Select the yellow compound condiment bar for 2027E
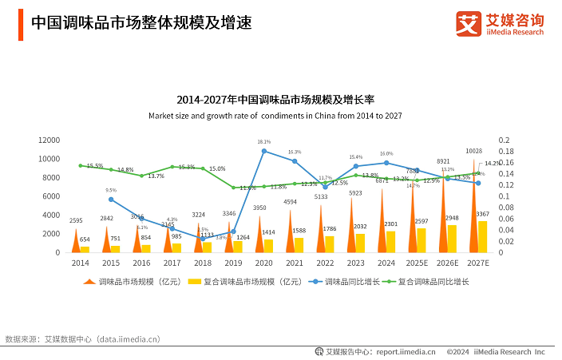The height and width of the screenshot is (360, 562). tap(482, 236)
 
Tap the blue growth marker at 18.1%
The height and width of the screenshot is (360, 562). tap(264, 151)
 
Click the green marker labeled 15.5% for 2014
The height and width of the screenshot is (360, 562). tap(81, 166)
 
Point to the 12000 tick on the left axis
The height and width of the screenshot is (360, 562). tap(49, 140)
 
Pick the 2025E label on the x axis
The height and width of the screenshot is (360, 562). tap(414, 262)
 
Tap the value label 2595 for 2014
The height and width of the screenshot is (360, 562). tap(77, 220)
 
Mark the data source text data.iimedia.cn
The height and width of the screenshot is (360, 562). tap(133, 338)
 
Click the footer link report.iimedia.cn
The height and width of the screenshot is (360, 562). tap(406, 351)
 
